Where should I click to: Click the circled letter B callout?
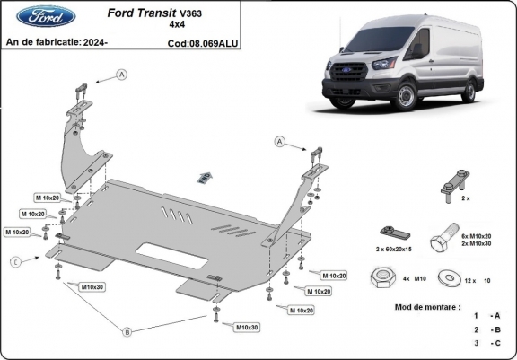click(127, 331)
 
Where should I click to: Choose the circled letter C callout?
click(14, 261)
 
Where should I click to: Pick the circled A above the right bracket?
click(279, 142)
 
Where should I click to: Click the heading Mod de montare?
click(427, 306)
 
